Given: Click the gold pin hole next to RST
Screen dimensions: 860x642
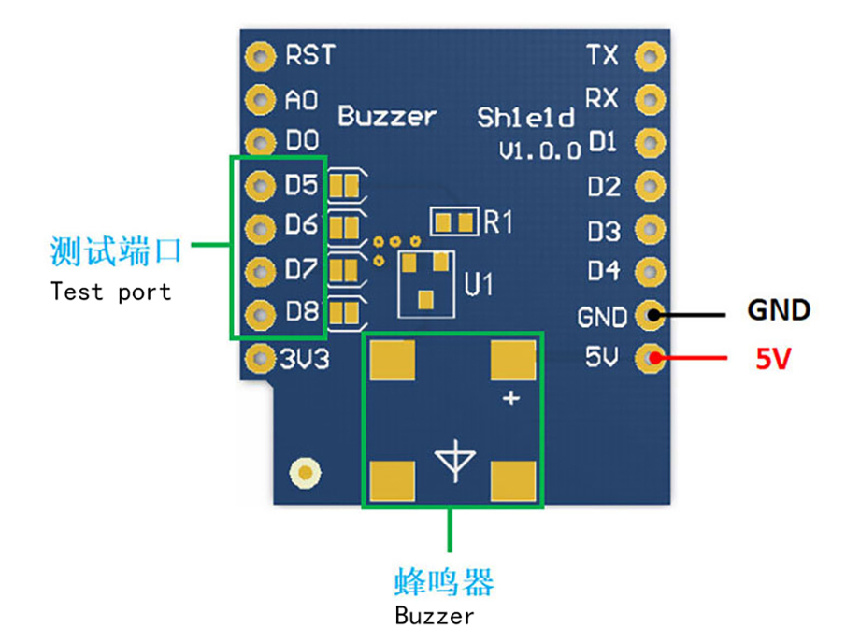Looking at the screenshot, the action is (x=260, y=56).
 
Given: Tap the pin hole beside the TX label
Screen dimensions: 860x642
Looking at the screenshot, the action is (x=650, y=56).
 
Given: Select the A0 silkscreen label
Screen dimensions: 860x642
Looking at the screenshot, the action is (x=301, y=100).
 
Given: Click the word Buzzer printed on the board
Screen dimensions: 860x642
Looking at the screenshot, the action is (x=387, y=116).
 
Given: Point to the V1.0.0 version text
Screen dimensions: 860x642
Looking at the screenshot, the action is (x=539, y=150).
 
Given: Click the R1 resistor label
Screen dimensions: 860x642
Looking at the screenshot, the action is (x=498, y=222).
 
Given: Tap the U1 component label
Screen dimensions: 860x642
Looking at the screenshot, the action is (x=479, y=284).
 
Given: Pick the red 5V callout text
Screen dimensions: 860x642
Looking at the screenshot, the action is (x=773, y=359).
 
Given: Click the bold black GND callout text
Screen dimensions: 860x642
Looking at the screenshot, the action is (x=779, y=310).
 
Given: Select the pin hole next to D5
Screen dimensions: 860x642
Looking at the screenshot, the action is (x=260, y=186).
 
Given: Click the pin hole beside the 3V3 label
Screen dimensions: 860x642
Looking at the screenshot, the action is (x=260, y=359).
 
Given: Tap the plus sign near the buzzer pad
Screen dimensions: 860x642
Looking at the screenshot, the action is (x=511, y=398).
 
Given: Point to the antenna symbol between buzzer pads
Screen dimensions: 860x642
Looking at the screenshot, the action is (x=455, y=461).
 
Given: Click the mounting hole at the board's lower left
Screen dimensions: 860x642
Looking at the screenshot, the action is (x=305, y=473).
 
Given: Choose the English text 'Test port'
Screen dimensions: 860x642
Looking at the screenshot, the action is (x=111, y=292).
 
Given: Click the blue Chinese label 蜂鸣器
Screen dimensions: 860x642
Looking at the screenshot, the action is (x=444, y=581).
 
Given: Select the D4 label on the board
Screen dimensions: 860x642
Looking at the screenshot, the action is (x=603, y=270).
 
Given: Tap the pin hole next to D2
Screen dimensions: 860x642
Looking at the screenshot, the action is (x=650, y=186).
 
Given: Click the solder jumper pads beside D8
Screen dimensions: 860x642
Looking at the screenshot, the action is (x=344, y=314).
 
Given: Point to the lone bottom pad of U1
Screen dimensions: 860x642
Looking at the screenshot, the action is (x=425, y=300).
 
